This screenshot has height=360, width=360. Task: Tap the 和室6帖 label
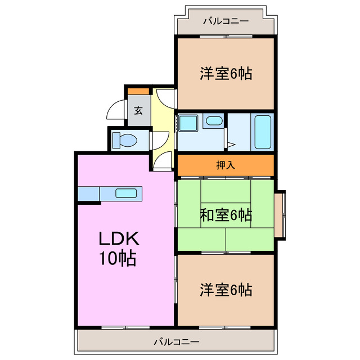(x=225, y=214)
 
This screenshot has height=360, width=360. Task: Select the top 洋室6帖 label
(x=225, y=73)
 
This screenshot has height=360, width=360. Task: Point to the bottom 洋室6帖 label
(x=225, y=290)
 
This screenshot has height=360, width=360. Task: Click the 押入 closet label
(x=225, y=165)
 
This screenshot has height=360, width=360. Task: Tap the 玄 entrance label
(x=138, y=110)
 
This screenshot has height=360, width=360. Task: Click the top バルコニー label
(x=225, y=21)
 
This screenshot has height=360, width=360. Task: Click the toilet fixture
(x=125, y=139)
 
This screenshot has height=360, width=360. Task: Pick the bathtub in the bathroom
(x=263, y=132)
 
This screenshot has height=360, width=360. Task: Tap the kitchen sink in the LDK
(x=127, y=193)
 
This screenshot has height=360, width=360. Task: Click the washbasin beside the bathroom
(x=213, y=120)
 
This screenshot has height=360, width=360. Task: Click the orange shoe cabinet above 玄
(x=138, y=91)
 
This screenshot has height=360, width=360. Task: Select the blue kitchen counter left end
(x=88, y=193)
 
